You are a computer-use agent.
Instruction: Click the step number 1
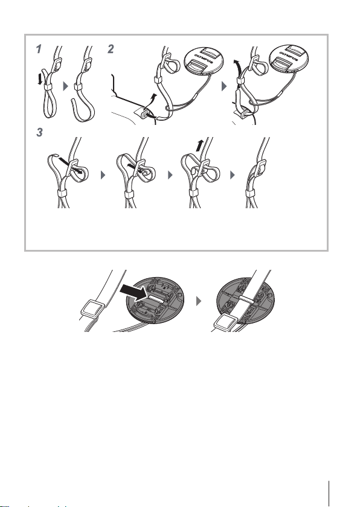pyautogui.click(x=39, y=49)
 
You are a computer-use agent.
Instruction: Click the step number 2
pyautogui.click(x=111, y=49)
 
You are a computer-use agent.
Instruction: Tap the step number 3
pyautogui.click(x=39, y=132)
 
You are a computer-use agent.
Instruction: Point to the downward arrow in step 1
pyautogui.click(x=40, y=78)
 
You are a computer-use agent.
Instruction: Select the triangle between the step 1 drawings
pyautogui.click(x=66, y=86)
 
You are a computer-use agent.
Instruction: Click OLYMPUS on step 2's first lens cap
pyautogui.click(x=204, y=57)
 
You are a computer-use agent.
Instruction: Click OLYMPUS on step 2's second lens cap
pyautogui.click(x=289, y=56)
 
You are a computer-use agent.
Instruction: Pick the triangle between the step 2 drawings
pyautogui.click(x=224, y=86)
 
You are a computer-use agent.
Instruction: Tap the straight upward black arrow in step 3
pyautogui.click(x=200, y=145)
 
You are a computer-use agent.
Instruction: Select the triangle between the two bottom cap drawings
pyautogui.click(x=199, y=301)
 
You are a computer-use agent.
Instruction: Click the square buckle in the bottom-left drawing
pyautogui.click(x=93, y=308)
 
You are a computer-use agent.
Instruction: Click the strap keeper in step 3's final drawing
pyautogui.click(x=250, y=193)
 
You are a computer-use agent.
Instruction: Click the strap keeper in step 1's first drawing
pyautogui.click(x=48, y=87)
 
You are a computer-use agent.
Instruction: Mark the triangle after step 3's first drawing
pyautogui.click(x=103, y=175)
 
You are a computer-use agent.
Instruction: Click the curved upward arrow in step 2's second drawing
pyautogui.click(x=237, y=68)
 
